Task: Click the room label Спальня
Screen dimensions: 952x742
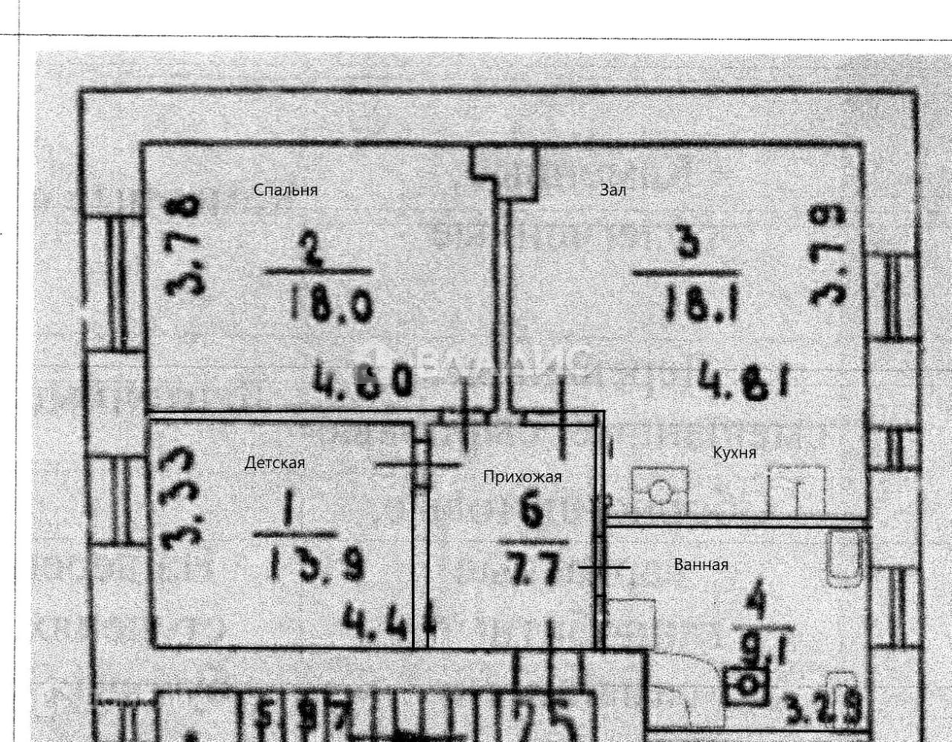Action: [x=286, y=190]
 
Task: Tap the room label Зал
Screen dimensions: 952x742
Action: [x=613, y=190]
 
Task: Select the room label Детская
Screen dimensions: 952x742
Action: [x=274, y=463]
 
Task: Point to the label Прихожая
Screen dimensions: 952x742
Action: [x=522, y=477]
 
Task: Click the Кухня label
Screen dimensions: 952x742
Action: [x=734, y=452]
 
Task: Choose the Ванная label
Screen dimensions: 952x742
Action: [x=701, y=565]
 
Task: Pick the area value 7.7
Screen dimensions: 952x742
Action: [x=533, y=573]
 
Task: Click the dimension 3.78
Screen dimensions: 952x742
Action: [x=183, y=244]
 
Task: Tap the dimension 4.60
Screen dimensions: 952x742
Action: [x=362, y=381]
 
